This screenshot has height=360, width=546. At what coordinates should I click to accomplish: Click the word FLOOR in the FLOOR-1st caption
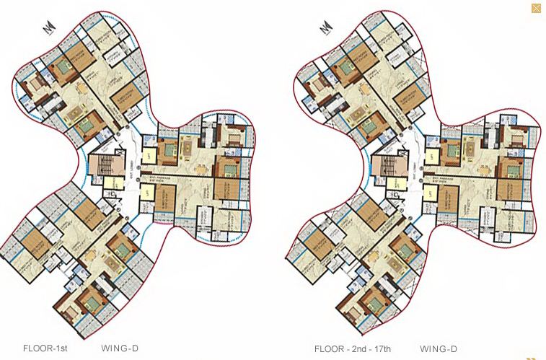pos(36,349)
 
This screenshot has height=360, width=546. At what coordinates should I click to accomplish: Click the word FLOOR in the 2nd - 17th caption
pos(329,349)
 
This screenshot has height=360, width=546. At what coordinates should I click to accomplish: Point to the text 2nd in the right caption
pos(359,349)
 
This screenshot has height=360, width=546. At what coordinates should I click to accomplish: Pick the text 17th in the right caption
pos(383,349)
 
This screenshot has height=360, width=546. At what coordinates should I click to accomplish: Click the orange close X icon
pos(536,9)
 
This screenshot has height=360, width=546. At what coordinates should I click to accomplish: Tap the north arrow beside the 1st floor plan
pos(48,27)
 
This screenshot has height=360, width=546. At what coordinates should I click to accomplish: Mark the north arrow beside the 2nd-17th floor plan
pos(327,27)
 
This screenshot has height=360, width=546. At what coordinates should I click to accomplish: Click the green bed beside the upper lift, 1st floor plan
pos(171,150)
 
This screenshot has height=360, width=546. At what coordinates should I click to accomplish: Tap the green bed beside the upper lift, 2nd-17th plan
pos(452,150)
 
